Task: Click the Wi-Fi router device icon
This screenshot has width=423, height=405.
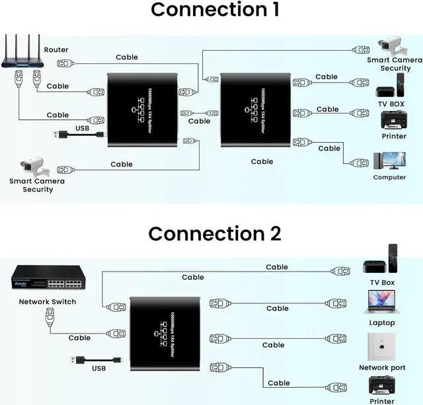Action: [21, 57]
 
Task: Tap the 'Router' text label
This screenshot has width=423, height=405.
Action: [56, 50]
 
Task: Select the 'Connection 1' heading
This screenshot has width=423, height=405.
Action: [214, 10]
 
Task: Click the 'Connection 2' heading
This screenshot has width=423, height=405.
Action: [214, 234]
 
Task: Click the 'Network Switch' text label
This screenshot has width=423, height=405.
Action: [47, 302]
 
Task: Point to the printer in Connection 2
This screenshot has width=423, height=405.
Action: [382, 386]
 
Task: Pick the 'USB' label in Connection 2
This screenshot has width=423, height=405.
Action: [98, 369]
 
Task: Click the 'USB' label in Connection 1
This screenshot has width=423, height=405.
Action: [82, 128]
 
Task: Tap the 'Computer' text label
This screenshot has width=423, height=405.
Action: [389, 177]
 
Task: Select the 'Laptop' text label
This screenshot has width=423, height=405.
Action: [382, 323]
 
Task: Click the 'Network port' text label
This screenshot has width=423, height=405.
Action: [382, 367]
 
